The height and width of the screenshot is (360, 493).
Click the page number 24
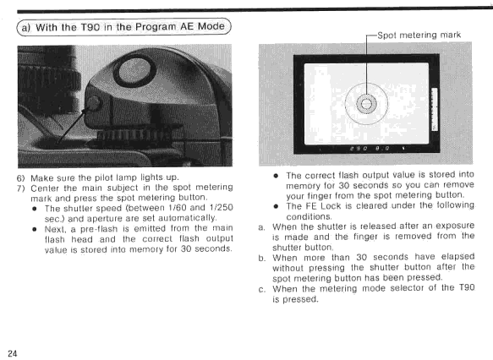click(13, 353)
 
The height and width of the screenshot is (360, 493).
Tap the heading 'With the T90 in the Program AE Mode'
click(130, 27)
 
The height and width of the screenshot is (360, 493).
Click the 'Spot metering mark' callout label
click(419, 35)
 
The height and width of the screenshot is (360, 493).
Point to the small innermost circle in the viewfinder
click(366, 103)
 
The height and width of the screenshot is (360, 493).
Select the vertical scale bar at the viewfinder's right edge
click(435, 109)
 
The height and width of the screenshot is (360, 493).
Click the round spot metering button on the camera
click(93, 102)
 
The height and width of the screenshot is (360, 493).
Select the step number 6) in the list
click(20, 178)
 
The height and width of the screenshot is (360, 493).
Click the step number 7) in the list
click(20, 188)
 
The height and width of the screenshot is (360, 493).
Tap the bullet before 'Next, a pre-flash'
click(35, 229)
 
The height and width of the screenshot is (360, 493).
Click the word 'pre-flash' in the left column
click(99, 228)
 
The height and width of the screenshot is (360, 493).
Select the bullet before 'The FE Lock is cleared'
click(276, 206)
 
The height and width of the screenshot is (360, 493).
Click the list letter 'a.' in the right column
click(261, 227)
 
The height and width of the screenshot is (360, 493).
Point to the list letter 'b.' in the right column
click(261, 259)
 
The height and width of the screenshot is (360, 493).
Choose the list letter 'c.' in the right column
click(261, 289)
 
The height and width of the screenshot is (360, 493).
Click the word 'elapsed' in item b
click(457, 257)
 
